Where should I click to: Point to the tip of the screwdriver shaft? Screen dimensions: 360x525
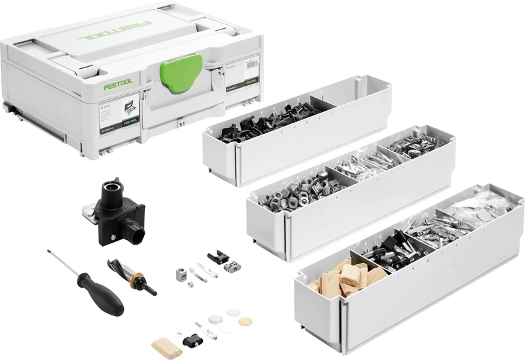tap(51, 251)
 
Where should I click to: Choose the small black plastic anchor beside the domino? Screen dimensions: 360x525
tap(191, 340)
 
